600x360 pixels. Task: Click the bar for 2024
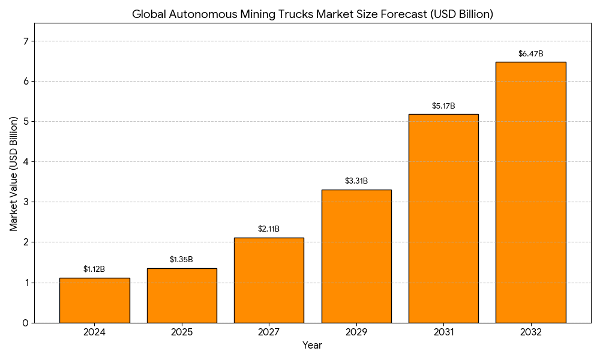(94, 300)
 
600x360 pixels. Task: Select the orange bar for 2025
(182, 295)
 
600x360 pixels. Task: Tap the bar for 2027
(269, 280)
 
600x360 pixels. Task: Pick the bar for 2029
(356, 256)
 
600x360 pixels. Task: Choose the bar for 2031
(443, 218)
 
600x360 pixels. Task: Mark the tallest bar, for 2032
(530, 192)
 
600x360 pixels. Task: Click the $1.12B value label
(94, 269)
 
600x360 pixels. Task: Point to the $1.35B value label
(181, 260)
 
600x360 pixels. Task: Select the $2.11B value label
(269, 229)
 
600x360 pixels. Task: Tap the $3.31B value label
(356, 181)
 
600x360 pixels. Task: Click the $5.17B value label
(443, 106)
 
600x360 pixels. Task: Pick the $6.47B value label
(531, 54)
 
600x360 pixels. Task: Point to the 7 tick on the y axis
(25, 41)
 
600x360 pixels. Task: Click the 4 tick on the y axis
(25, 162)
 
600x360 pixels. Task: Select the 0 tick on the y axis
(25, 323)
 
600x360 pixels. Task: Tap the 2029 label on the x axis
(356, 332)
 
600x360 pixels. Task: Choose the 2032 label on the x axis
(531, 332)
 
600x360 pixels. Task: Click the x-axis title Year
(312, 346)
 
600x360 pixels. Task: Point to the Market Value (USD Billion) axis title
(14, 174)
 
